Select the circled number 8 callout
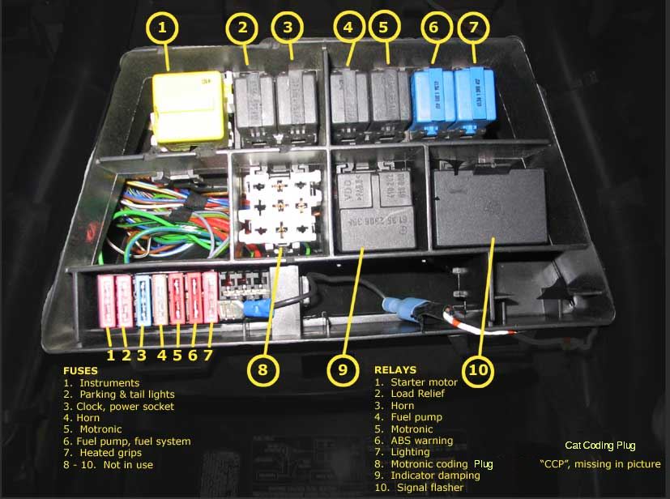click(x=262, y=370)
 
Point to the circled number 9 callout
click(x=343, y=370)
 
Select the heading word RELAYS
click(x=395, y=370)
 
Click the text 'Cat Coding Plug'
click(x=600, y=446)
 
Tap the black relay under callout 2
click(x=254, y=104)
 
